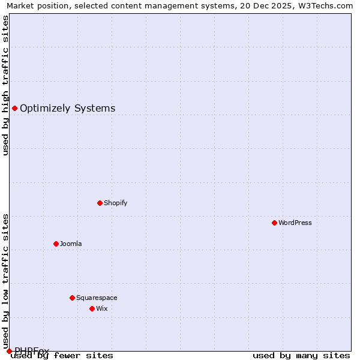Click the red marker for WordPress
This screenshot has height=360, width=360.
[274, 223]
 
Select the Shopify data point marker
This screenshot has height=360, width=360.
[100, 203]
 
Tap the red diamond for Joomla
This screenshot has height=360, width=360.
[56, 244]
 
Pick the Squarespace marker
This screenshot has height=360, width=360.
[72, 298]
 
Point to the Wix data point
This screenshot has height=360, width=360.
[92, 308]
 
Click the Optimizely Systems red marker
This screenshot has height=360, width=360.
[14, 108]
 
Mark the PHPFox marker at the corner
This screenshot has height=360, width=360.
[9, 351]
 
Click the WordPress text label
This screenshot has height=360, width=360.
[295, 223]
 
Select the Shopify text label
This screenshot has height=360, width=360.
[116, 203]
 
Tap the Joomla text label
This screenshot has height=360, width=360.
[71, 244]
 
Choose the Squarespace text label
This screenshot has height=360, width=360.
[97, 298]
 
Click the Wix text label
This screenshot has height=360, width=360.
[101, 308]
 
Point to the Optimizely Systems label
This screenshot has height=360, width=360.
[68, 108]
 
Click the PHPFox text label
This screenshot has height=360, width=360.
[32, 350]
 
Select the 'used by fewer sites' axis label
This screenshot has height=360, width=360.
[62, 355]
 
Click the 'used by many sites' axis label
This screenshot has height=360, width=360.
[301, 355]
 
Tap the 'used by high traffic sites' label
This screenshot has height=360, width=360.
[5, 85]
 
